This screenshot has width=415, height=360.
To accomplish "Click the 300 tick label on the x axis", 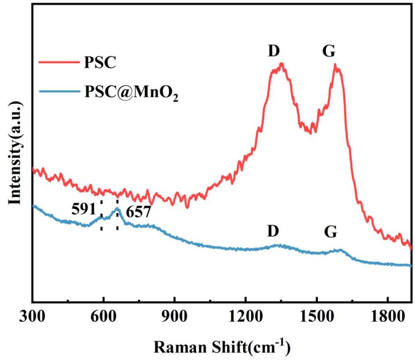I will [33, 315].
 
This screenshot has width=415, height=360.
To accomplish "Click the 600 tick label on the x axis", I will [103, 315].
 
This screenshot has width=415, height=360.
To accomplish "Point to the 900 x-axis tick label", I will [174, 315].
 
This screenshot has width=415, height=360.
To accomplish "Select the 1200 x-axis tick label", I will [245, 315].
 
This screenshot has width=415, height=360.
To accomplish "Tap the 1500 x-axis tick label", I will [316, 315].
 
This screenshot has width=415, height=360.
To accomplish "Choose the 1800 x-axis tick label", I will [387, 315].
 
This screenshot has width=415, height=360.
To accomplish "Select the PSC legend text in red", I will [100, 62].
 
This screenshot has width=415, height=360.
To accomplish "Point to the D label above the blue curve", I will [273, 231].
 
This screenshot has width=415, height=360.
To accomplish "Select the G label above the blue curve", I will [331, 232].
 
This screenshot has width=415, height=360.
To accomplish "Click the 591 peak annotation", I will [83, 209].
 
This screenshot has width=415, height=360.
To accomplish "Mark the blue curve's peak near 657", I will [117, 208].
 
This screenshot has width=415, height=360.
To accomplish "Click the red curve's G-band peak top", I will [335, 65].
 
